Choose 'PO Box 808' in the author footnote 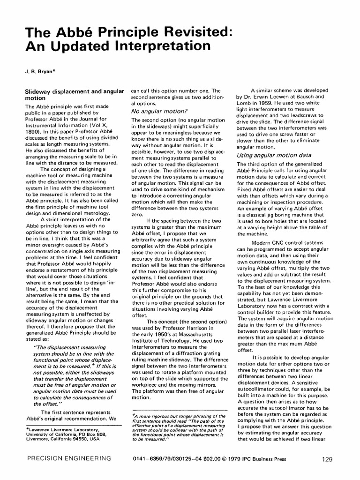click(x=86, y=434)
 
